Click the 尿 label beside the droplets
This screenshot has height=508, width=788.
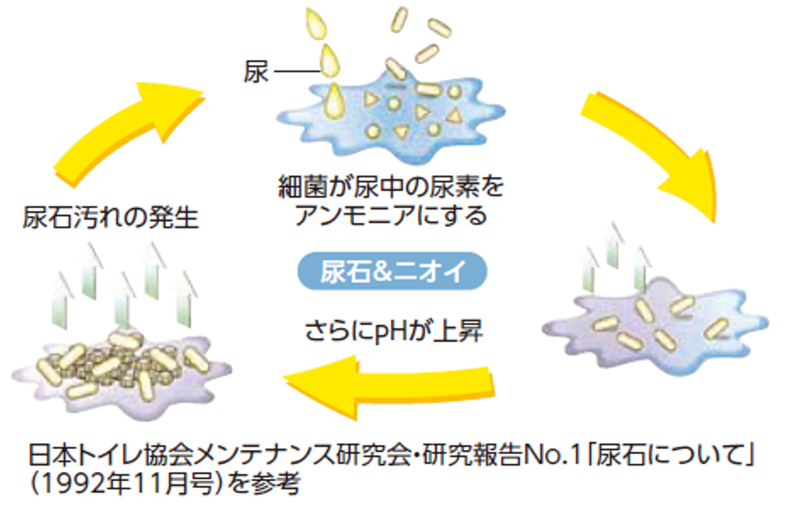(x=256, y=72)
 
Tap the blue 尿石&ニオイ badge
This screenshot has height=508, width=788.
(x=392, y=271)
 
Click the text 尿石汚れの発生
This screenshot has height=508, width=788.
(x=110, y=218)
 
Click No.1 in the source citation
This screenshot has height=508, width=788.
(x=552, y=455)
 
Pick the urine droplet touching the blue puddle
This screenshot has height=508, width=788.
(x=334, y=101)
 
